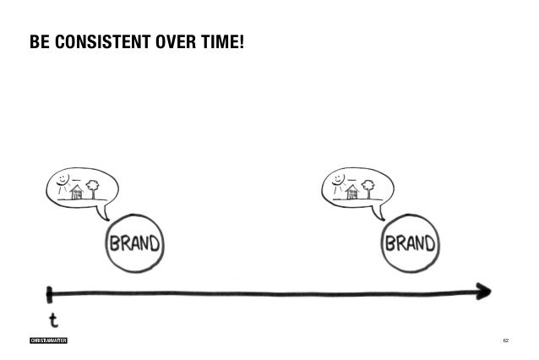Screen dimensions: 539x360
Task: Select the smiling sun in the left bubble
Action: (62, 181)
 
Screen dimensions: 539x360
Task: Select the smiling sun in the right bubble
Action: (339, 181)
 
